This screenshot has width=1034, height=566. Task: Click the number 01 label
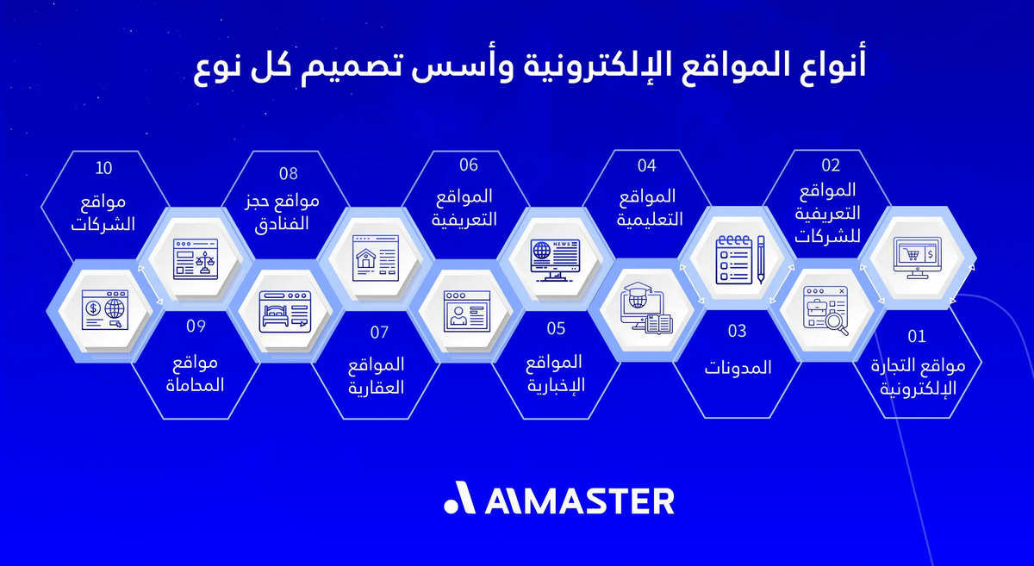916,335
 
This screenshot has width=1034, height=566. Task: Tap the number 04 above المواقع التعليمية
647,165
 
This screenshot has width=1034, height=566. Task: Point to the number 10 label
103,166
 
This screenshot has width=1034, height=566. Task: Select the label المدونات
738,369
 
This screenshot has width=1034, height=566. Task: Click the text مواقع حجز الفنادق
283,210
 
